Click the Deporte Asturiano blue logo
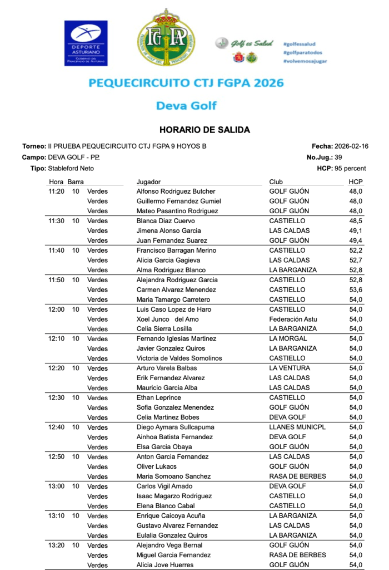(86, 43)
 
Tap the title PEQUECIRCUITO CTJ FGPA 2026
(186, 83)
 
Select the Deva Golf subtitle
(186, 106)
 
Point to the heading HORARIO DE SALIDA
(205, 130)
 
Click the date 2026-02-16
(351, 146)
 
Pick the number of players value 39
(338, 158)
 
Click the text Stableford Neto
(71, 169)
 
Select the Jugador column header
(148, 182)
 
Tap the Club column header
(276, 182)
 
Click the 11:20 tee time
(57, 191)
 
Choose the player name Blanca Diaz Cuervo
(166, 221)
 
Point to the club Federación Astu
(293, 320)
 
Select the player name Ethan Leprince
(159, 398)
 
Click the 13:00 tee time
(57, 487)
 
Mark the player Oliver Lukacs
(157, 466)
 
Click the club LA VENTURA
(290, 368)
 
